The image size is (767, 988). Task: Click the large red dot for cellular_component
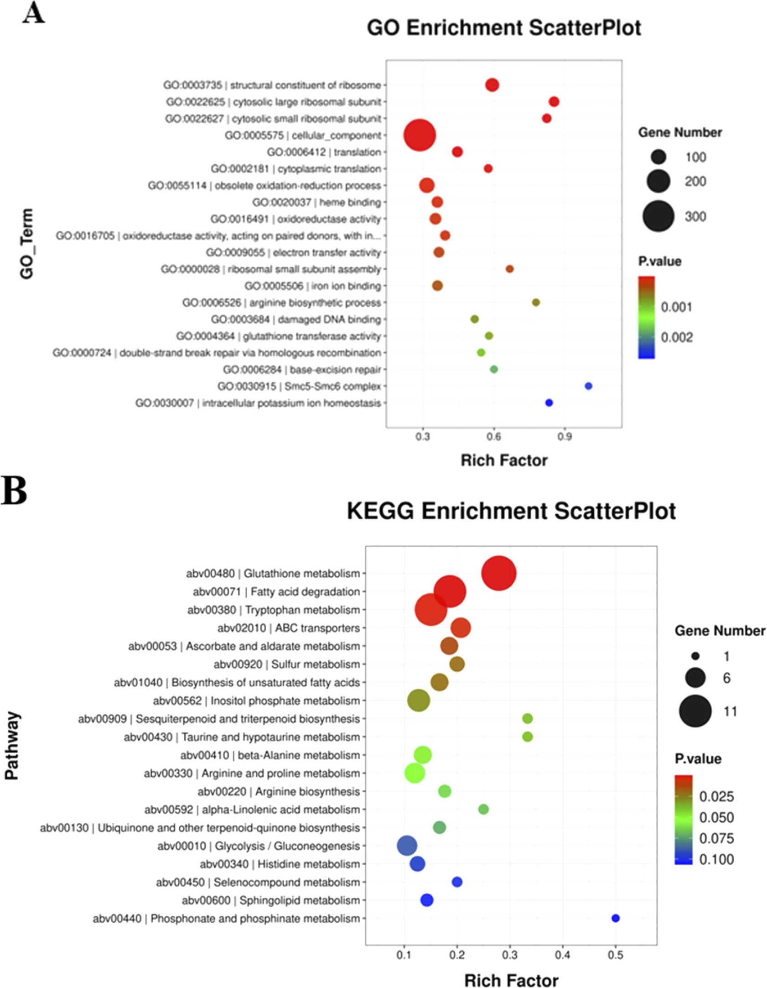[x=420, y=135]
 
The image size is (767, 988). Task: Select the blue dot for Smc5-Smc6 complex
[x=588, y=386]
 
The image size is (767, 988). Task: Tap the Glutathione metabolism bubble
[x=499, y=573]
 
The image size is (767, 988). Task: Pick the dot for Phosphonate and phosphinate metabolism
[x=615, y=918]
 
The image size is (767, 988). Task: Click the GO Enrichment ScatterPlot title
[x=504, y=28]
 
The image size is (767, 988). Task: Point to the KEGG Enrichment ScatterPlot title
[x=511, y=511]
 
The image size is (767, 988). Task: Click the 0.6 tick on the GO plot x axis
[x=493, y=437]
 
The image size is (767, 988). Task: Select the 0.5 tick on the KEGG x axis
[x=615, y=955]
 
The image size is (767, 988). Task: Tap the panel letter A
[x=33, y=14]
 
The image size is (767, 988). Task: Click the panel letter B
[x=14, y=491]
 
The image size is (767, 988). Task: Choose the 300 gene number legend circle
[x=658, y=216]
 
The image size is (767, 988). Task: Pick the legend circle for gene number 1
[x=695, y=656]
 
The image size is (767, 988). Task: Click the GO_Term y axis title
[x=26, y=244]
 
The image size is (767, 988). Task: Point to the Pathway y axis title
[x=12, y=745]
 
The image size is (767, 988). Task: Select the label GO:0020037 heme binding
[x=316, y=202]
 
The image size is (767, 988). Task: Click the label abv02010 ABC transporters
[x=288, y=628]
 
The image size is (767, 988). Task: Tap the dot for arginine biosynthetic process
[x=536, y=303]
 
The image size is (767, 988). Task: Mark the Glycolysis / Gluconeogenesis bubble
[x=407, y=846]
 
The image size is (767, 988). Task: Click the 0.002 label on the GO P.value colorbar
[x=677, y=337]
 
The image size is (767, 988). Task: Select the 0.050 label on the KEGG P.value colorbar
[x=716, y=817]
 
